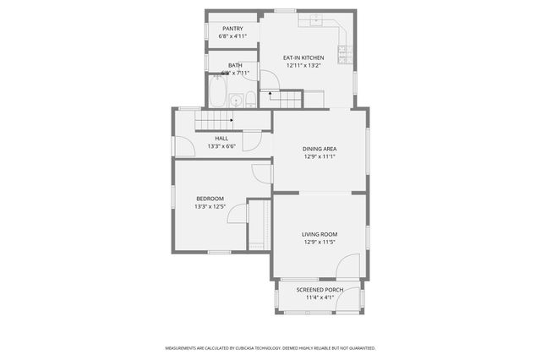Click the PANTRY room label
[x=232, y=28]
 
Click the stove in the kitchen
[x=345, y=53]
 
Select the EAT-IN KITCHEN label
[x=303, y=57]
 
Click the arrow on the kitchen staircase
[x=271, y=93]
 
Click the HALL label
[x=221, y=138]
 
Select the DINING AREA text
[x=320, y=148]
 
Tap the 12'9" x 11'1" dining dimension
[x=320, y=155]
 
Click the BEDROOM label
[x=209, y=199]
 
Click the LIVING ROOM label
[x=320, y=234]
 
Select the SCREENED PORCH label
[x=320, y=290]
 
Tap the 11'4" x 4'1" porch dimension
[x=320, y=297]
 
